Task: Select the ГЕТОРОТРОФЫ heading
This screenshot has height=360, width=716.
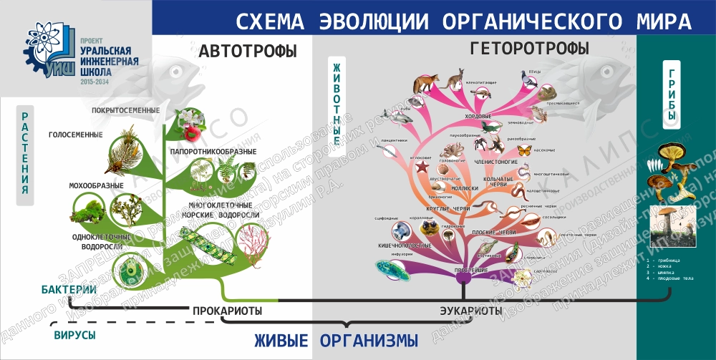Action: pyautogui.click(x=529, y=49)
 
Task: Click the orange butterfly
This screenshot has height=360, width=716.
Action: pyautogui.click(x=525, y=150)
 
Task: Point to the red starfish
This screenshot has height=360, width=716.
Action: pyautogui.click(x=422, y=167)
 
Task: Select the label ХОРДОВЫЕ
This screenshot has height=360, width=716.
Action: pyautogui.click(x=477, y=115)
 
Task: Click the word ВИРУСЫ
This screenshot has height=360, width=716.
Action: pyautogui.click(x=75, y=334)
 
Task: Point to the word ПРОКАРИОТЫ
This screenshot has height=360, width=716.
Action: pyautogui.click(x=226, y=311)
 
